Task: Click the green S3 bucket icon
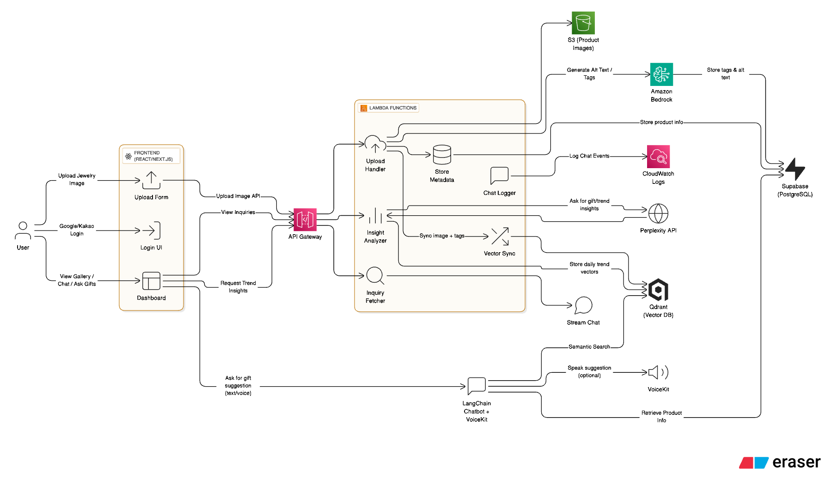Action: coord(583,23)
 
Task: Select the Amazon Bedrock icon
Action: coord(661,74)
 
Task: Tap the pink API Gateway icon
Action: coord(305,219)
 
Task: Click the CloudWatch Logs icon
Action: coord(658,157)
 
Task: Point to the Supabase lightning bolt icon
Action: coord(795,169)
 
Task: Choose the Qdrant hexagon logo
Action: coord(658,290)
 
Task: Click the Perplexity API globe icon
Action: coord(658,213)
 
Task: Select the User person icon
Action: coord(23,231)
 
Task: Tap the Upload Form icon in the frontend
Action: coord(151,180)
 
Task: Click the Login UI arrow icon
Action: coord(151,231)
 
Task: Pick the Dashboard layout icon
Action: coord(151,281)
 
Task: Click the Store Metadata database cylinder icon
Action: coord(442,155)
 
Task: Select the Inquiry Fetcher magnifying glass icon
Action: coord(375,276)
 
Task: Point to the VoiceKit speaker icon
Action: coord(658,372)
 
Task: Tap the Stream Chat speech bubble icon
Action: coord(583,305)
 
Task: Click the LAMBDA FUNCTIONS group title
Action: coord(392,108)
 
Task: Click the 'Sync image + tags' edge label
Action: coord(442,236)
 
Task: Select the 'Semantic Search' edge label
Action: coord(589,347)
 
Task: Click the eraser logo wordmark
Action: coord(796,462)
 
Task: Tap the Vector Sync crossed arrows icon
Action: coord(500,237)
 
